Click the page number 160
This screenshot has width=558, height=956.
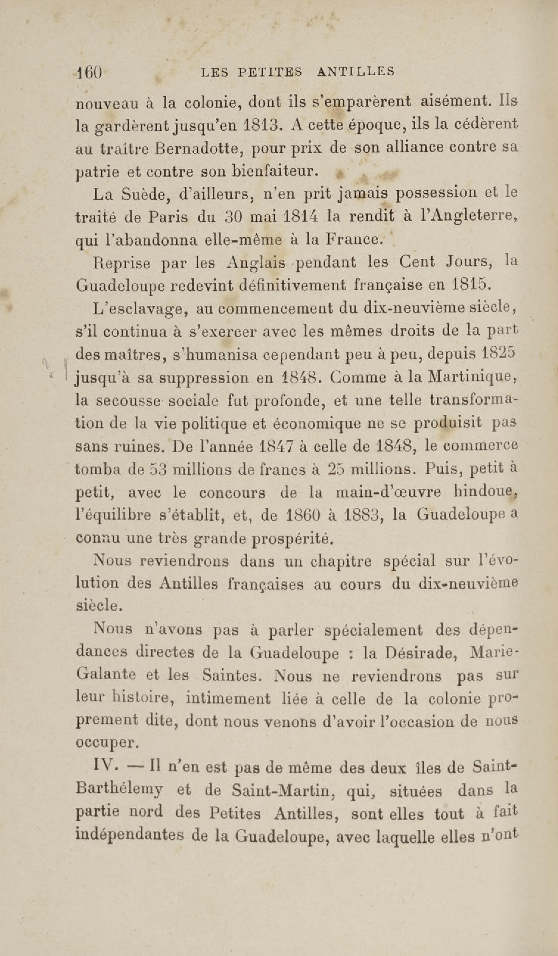pyautogui.click(x=90, y=72)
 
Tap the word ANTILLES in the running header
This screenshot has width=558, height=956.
pyautogui.click(x=356, y=71)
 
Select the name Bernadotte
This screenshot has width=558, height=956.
pyautogui.click(x=198, y=148)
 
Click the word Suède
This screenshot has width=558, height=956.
pyautogui.click(x=145, y=194)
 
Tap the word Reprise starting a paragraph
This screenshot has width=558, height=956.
pyautogui.click(x=122, y=263)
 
